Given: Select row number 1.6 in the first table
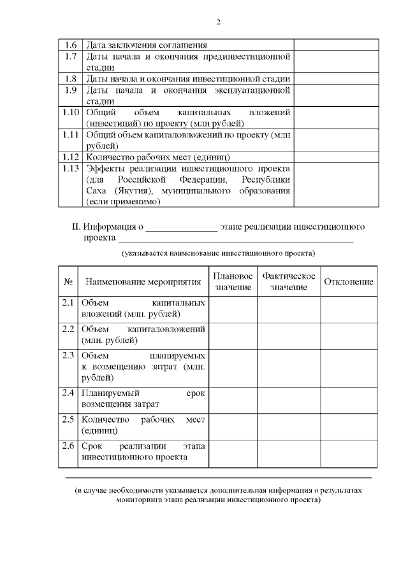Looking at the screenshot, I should pos(71,45).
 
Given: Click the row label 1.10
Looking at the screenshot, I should pos(71,113).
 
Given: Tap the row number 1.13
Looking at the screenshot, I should pos(71,169).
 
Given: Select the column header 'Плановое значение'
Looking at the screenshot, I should pos(233,282).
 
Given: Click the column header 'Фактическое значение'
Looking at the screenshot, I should pos(288,282).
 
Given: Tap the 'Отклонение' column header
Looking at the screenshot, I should pos(348,282).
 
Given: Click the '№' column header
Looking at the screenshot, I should pos(68,282).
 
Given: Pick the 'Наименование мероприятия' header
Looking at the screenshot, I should pos(143,282).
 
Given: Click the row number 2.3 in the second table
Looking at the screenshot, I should pos(68,355).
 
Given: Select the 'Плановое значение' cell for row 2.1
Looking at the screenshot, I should pos(233,309).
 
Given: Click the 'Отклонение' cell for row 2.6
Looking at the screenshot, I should pos(348,453).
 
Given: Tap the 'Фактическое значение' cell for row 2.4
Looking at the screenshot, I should pos(288,398).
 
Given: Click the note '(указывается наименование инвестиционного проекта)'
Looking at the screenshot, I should pos(219,253).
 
